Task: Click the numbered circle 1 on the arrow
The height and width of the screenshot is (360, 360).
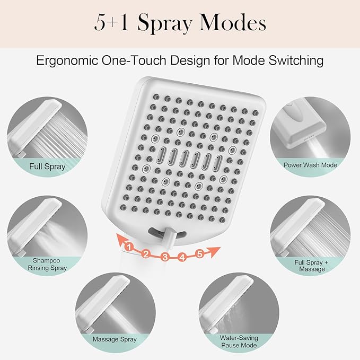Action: [128, 245]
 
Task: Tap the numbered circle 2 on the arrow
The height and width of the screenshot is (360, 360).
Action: [145, 254]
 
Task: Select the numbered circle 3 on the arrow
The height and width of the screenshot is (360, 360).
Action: [165, 258]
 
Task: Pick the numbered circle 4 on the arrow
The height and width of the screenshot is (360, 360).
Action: [182, 257]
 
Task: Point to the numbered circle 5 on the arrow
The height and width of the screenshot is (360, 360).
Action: [200, 253]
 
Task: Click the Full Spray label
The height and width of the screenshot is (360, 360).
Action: [48, 166]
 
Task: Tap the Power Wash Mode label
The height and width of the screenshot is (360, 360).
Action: [310, 165]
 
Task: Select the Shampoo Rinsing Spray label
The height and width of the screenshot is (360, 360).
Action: [48, 264]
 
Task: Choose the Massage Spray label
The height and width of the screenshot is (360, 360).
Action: [115, 339]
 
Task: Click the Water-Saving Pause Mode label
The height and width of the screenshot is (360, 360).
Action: [239, 341]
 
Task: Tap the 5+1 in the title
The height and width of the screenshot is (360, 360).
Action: [112, 24]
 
